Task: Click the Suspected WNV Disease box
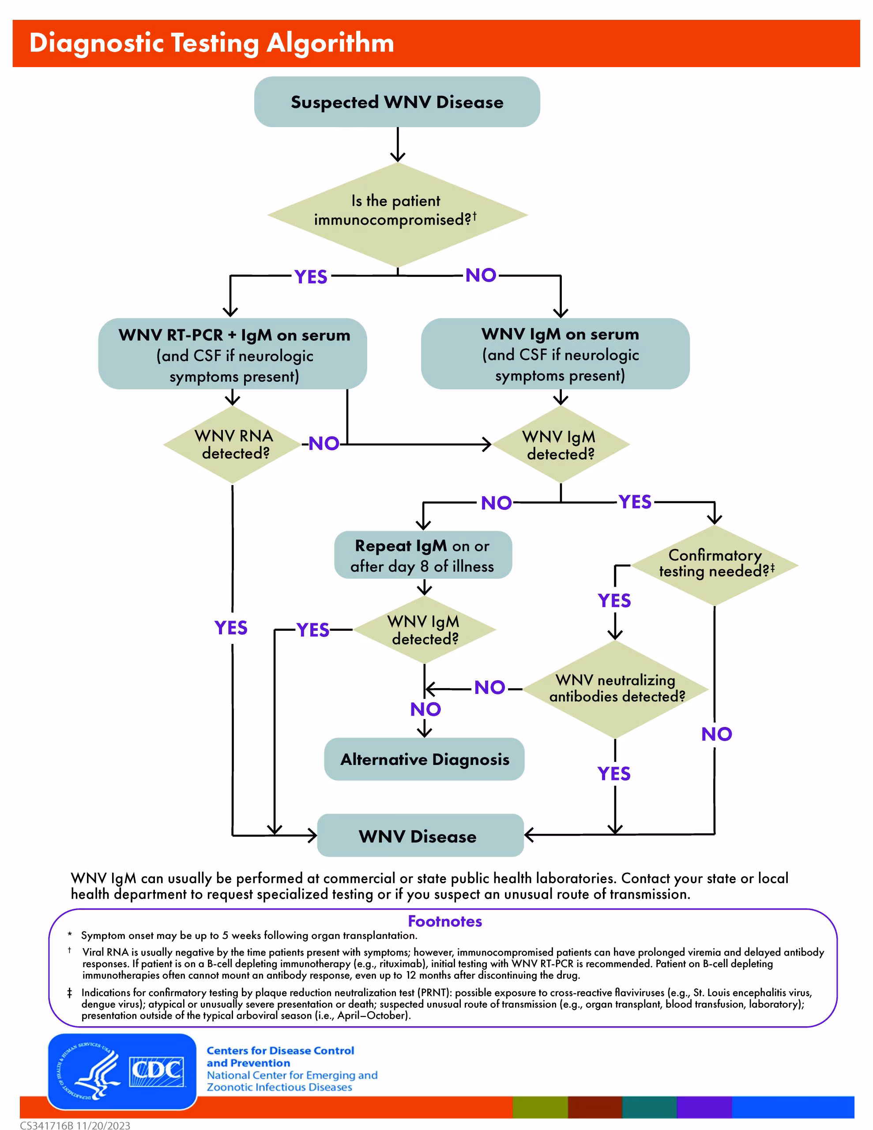click(397, 102)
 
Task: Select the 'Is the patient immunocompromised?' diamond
click(397, 214)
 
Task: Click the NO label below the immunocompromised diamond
click(481, 275)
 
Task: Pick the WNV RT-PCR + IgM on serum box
click(233, 354)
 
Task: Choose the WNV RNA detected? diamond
click(233, 444)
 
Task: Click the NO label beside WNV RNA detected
click(324, 444)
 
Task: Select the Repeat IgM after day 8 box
click(423, 555)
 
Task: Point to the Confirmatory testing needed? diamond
click(715, 565)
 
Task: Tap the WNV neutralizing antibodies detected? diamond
click(615, 689)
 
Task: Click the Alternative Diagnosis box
click(424, 759)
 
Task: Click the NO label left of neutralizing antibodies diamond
click(489, 688)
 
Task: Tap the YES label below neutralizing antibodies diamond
click(614, 773)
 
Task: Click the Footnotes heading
click(444, 921)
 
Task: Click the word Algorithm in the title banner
click(330, 42)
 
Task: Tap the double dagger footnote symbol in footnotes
click(69, 993)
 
